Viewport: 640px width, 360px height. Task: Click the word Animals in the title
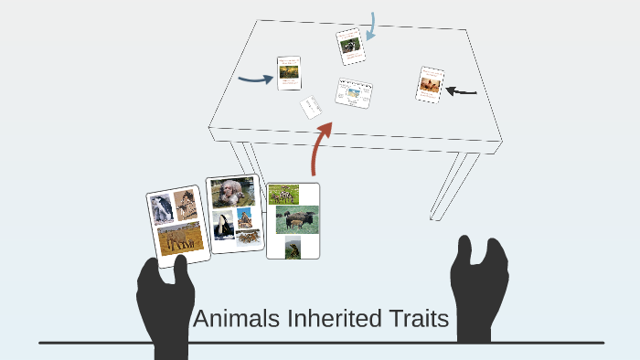237,320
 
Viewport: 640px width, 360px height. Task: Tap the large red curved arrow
321,147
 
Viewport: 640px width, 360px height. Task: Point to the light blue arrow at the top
372,26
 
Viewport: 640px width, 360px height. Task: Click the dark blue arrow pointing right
255,79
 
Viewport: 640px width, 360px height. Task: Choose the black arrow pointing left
462,91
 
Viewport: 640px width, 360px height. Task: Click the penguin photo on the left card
163,209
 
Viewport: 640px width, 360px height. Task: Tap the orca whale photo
223,225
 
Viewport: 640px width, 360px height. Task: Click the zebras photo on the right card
283,194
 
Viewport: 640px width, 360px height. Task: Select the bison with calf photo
296,219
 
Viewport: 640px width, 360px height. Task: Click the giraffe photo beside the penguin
186,205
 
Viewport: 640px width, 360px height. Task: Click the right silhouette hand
479,288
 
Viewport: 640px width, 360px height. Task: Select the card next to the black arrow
430,85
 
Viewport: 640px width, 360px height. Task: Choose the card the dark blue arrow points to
289,73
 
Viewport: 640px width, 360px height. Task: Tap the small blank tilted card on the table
311,107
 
